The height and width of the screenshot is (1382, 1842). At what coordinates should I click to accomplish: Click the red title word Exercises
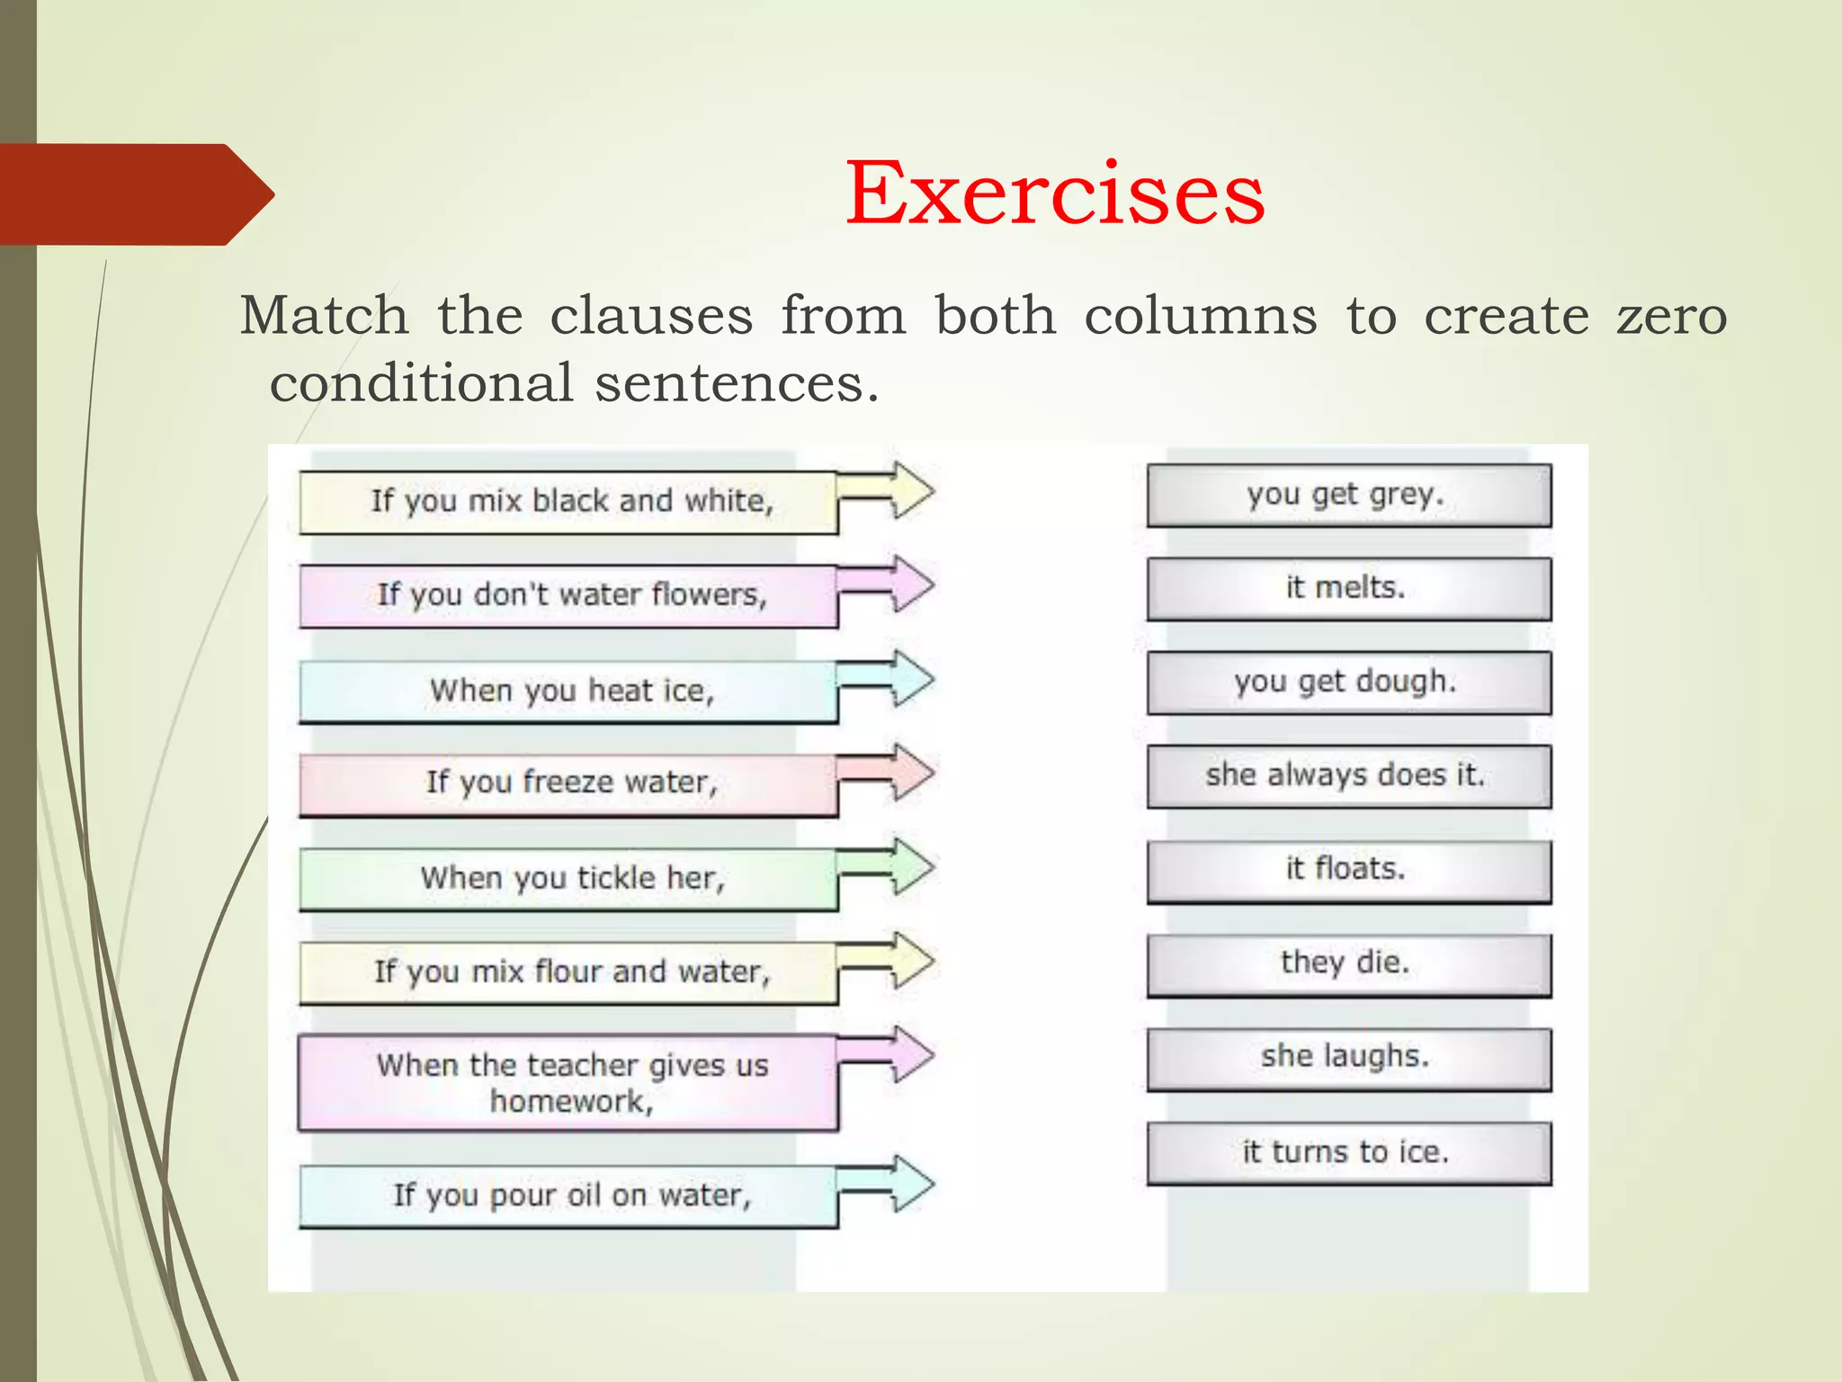click(x=1054, y=193)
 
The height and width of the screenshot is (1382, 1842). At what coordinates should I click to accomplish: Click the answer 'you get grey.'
click(x=1348, y=495)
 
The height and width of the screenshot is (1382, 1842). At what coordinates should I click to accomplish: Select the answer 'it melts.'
click(x=1348, y=588)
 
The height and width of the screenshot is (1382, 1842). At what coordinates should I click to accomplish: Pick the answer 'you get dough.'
click(x=1348, y=682)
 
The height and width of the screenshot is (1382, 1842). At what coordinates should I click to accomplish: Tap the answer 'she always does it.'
click(x=1348, y=776)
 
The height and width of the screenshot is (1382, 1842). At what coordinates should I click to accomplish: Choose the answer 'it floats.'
click(x=1348, y=870)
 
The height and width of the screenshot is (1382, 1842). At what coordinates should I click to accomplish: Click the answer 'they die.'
click(x=1348, y=964)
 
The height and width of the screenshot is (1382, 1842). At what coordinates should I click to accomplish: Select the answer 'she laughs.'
click(x=1348, y=1057)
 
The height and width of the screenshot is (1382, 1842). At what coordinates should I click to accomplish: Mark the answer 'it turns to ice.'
click(x=1348, y=1153)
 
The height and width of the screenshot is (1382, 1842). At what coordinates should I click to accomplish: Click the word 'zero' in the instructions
click(x=1671, y=317)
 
